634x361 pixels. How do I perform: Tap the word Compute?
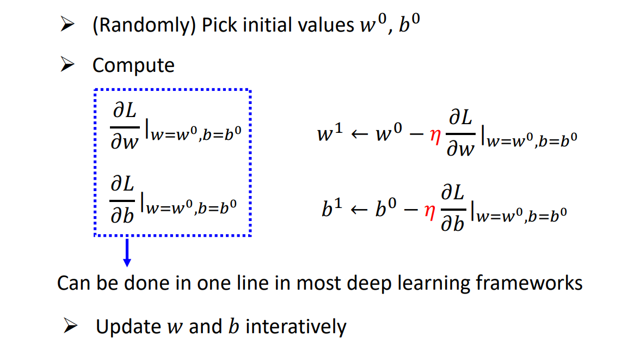click(133, 65)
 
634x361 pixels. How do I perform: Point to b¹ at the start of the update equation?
click(329, 210)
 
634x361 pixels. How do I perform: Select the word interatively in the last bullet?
click(296, 327)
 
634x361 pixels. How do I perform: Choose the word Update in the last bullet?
click(128, 327)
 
